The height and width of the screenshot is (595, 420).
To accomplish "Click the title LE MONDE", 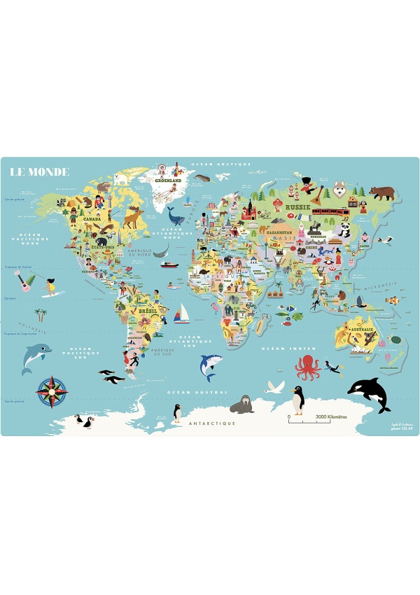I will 40,171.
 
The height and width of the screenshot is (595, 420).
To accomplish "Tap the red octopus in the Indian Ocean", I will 307,366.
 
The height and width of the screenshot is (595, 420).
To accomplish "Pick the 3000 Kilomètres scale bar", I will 311,417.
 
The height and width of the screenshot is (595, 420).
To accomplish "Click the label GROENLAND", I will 168,180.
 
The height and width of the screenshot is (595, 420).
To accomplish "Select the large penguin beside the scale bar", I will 298,400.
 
